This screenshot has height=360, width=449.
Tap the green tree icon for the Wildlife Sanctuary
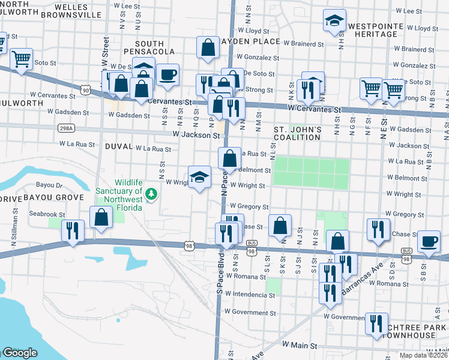[152, 193]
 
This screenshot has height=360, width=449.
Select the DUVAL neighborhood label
[118, 146]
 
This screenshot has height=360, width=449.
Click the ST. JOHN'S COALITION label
[298, 133]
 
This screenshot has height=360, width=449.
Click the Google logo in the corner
[20, 353]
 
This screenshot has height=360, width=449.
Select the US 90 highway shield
[86, 90]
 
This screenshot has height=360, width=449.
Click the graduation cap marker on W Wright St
[200, 177]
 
